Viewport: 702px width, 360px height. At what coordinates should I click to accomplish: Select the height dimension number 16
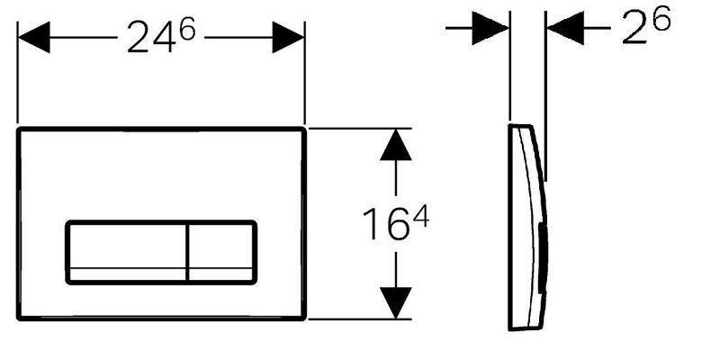[385, 224]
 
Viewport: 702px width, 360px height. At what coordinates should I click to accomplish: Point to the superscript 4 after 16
[420, 218]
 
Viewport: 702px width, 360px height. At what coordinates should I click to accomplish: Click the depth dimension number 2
[636, 30]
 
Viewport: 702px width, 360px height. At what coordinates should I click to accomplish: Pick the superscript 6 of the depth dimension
[661, 18]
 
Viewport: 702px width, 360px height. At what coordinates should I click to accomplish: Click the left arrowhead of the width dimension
[33, 37]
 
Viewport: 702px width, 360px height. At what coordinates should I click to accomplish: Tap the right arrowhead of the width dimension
[288, 37]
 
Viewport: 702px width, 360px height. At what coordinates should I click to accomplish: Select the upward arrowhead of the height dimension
[396, 145]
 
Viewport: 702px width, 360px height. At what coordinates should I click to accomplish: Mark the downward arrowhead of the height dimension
[396, 302]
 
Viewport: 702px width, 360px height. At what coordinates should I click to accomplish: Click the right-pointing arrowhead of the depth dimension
[490, 28]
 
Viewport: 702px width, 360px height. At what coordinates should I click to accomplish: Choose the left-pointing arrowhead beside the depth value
[565, 28]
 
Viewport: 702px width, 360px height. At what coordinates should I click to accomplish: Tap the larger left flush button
[127, 252]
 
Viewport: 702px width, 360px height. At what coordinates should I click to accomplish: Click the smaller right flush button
[221, 252]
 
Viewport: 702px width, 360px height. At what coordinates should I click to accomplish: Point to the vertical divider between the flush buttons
[187, 252]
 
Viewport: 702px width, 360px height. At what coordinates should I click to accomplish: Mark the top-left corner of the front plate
[19, 130]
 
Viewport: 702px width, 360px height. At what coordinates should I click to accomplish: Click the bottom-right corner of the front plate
[304, 319]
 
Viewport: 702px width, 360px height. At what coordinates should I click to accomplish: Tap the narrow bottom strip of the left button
[128, 274]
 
